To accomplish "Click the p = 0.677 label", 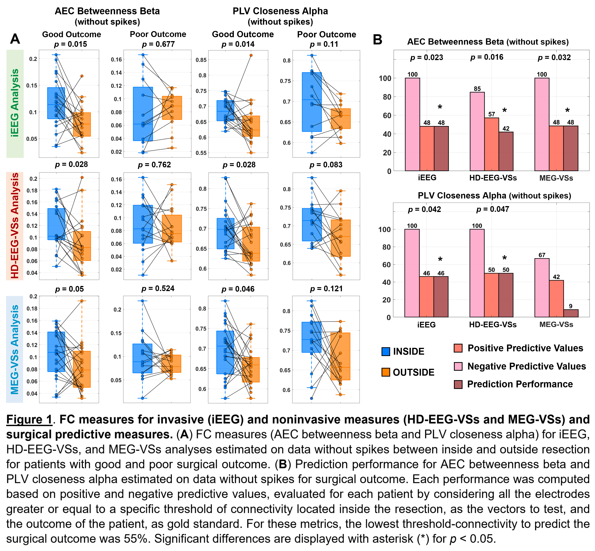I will coord(158,44).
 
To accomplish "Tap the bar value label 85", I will coord(477,88).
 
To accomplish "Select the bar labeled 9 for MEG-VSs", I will coord(571,313).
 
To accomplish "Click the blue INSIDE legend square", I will coord(386,351).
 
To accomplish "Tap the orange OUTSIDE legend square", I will coord(386,372).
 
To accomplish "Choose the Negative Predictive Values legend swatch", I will coord(458,366).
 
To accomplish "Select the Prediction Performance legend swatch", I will coord(458,384).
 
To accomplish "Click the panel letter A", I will coord(15,39).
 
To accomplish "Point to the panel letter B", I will coord(377,40).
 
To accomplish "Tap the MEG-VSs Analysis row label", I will coord(15,349).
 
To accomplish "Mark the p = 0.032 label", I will coord(554,58).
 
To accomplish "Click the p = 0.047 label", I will coord(492,209).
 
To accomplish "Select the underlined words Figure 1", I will coord(29,419).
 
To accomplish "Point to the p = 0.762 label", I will coord(154,165).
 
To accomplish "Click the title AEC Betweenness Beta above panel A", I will coord(107,11).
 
